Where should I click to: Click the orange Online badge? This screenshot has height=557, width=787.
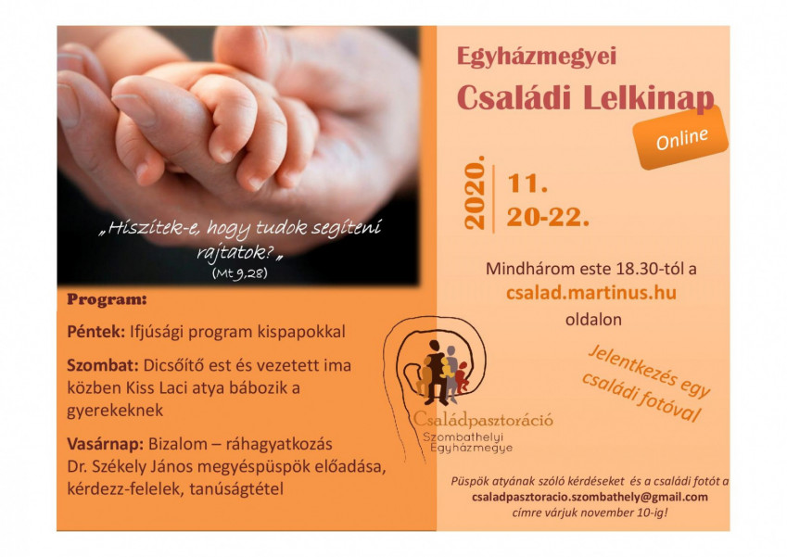680,137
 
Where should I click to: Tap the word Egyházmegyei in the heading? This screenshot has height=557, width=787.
536,57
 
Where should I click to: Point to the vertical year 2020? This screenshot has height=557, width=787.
475,193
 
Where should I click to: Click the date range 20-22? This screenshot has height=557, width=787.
548,218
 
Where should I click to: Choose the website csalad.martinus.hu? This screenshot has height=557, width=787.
591,293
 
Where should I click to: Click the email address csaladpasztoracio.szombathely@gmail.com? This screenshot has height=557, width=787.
590,497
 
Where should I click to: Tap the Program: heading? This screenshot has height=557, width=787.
107,299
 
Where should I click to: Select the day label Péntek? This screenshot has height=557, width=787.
95,332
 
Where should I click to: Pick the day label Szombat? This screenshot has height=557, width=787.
102,365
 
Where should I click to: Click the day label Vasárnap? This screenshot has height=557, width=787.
106,444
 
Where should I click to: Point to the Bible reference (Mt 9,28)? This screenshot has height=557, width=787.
239,273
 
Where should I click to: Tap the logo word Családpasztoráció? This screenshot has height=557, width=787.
483,420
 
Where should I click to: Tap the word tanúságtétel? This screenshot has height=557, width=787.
236,488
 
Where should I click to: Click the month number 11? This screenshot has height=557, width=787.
527,184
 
